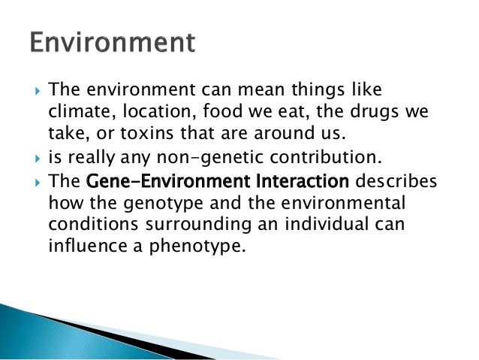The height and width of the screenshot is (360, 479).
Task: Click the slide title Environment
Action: click(x=113, y=41)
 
